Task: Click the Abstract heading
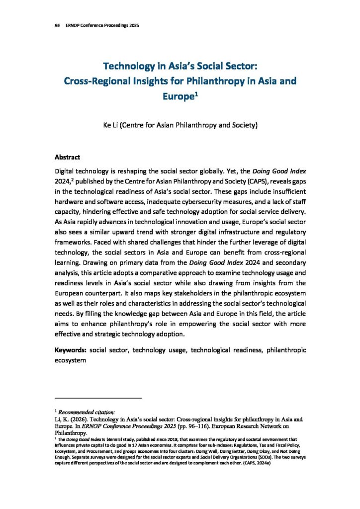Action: coord(67,157)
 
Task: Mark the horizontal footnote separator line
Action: coord(98,398)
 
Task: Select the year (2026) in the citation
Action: coord(80,420)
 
